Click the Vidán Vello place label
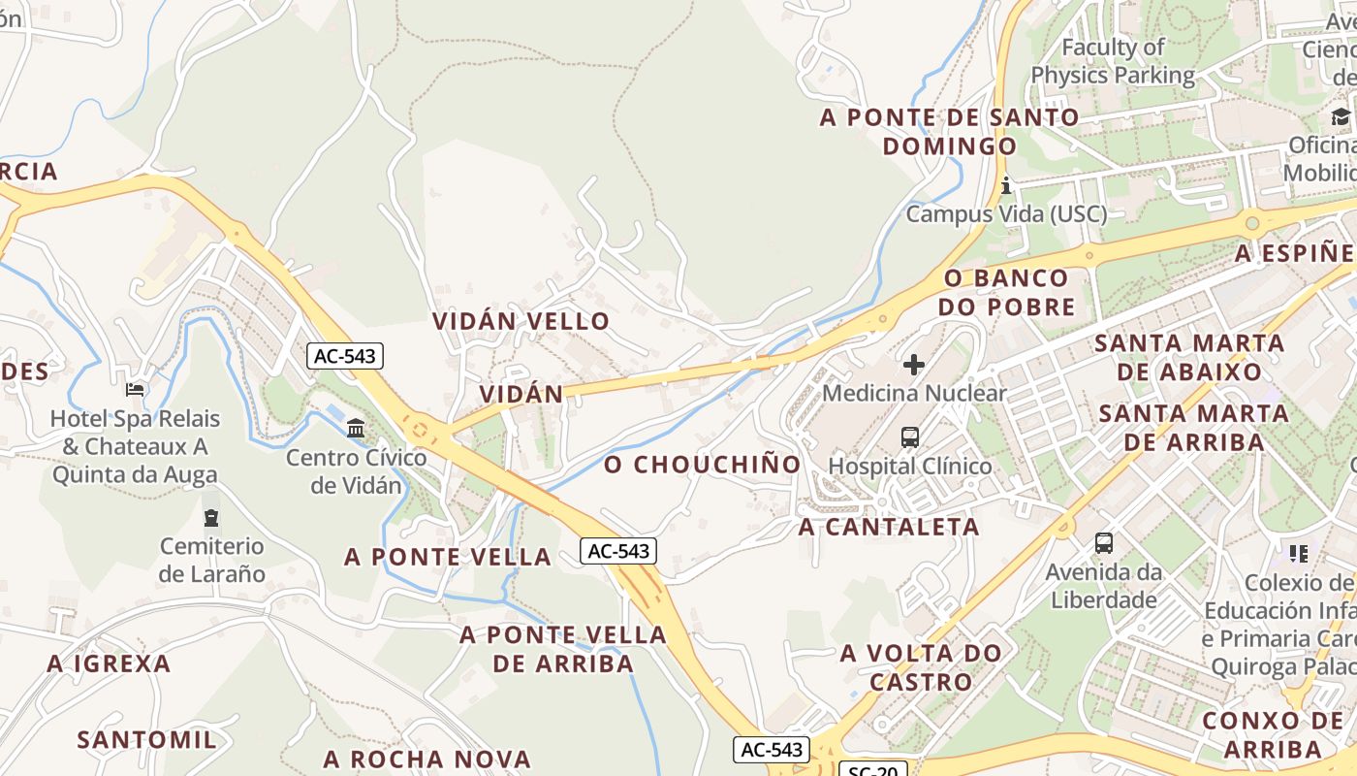coord(521,321)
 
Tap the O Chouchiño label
coord(703,465)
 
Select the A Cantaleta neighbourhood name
coord(889,527)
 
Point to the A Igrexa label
coord(109,664)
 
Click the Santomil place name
coord(146,740)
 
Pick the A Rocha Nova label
coord(426,759)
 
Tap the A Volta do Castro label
coord(921,666)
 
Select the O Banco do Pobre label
coord(1009,292)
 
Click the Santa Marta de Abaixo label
coord(1189,357)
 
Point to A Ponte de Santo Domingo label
coord(949,131)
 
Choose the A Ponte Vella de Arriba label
coord(563,649)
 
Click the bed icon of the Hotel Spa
coord(136,390)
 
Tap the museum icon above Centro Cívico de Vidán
coord(356,428)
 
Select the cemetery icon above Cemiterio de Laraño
coord(211,517)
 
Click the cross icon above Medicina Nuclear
coord(914,365)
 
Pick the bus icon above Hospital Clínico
coord(910,437)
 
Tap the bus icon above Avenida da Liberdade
coord(1104,543)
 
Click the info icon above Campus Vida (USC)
coord(1006,184)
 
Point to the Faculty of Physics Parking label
coord(1113,60)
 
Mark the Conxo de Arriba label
coord(1273,734)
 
